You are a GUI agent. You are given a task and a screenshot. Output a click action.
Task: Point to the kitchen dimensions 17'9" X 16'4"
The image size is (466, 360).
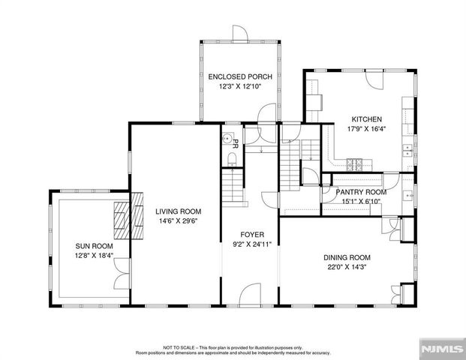[365, 129]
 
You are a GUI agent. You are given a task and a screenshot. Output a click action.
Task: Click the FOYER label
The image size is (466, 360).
[251, 234]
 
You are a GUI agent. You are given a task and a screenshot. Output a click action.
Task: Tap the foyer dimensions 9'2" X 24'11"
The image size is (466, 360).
[251, 244]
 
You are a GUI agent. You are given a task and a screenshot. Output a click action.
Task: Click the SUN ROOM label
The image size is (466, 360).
[94, 246]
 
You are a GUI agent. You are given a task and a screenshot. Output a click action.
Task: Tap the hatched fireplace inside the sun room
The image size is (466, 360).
[121, 218]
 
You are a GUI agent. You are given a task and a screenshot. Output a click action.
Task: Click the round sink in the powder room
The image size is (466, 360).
[226, 138]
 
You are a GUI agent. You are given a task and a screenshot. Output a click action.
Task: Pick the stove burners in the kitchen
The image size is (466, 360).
[353, 163]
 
